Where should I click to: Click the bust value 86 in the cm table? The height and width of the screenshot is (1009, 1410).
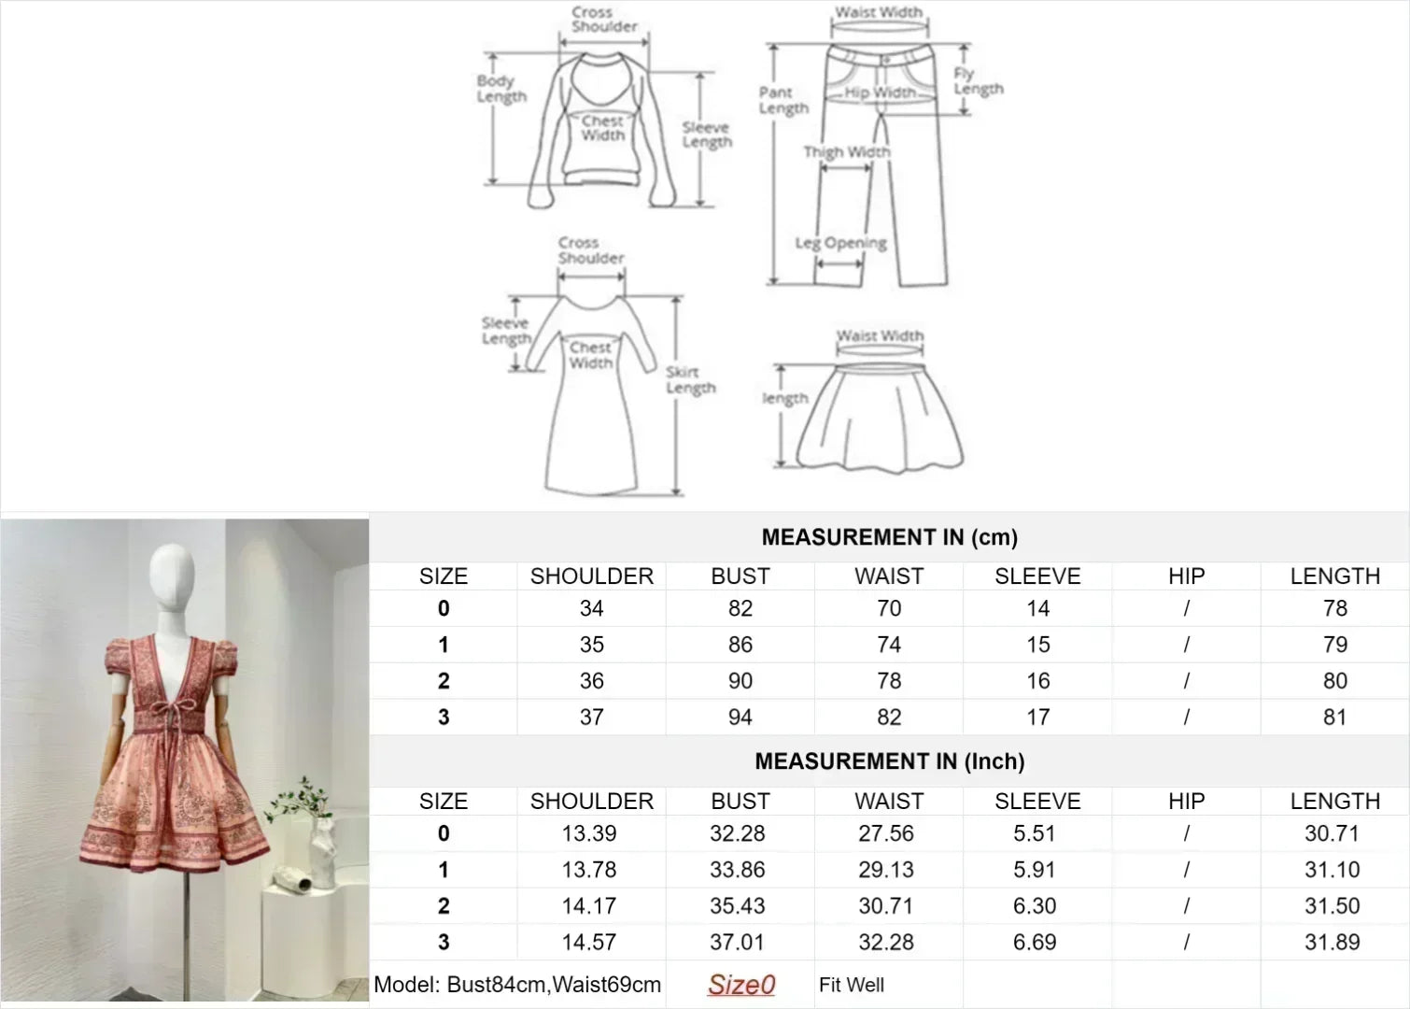tap(740, 645)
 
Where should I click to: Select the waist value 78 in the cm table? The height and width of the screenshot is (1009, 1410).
tap(889, 681)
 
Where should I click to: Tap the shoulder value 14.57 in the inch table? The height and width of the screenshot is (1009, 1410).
tap(589, 943)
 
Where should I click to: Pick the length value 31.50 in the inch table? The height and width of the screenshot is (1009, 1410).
tap(1332, 905)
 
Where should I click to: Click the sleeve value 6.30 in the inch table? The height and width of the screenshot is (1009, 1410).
tap(1035, 905)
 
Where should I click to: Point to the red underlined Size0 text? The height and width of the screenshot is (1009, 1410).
tap(741, 985)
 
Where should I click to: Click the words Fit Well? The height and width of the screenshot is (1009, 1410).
tap(851, 985)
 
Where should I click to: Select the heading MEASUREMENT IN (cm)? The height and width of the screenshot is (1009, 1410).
tap(890, 537)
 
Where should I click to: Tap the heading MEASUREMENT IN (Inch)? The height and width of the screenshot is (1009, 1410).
tap(890, 761)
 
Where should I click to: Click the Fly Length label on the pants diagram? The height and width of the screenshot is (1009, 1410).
tap(979, 81)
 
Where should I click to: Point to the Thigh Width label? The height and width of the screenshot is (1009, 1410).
tap(847, 151)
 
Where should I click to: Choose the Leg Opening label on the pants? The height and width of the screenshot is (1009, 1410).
tap(841, 243)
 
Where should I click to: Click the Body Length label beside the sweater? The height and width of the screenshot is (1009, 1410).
tap(501, 89)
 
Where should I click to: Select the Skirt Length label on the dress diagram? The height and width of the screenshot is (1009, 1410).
tap(690, 380)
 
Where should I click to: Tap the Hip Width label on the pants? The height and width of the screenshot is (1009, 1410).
tap(880, 92)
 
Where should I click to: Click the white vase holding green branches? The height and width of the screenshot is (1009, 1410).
tap(322, 852)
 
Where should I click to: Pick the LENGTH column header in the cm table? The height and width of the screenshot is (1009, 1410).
tap(1334, 576)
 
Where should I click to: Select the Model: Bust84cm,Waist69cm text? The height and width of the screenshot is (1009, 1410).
tap(517, 985)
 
